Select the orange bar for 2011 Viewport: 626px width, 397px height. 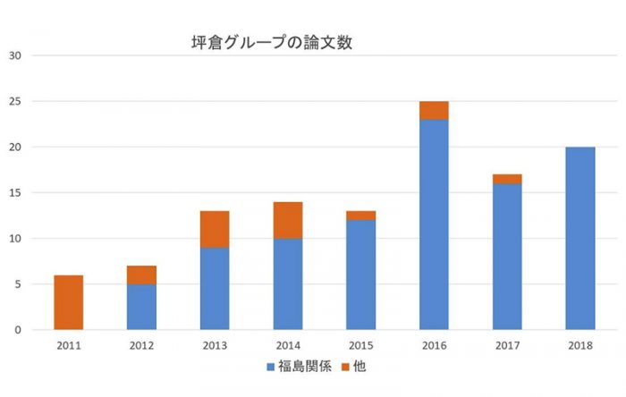(x=69, y=302)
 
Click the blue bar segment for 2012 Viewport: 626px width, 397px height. (x=141, y=307)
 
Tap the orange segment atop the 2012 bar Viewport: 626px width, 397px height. (x=141, y=275)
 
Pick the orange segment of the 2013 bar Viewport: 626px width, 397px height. (x=215, y=229)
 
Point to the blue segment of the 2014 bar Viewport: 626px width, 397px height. (x=288, y=283)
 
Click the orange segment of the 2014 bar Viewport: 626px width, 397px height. (x=288, y=220)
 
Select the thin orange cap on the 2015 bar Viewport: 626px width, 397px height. (x=361, y=215)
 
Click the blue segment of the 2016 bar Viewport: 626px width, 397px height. (x=434, y=224)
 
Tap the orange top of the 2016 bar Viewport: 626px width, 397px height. (x=434, y=110)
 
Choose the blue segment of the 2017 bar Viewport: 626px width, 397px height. (x=507, y=257)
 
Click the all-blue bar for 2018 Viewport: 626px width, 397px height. (x=580, y=238)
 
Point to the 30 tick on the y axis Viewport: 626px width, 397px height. (x=16, y=55)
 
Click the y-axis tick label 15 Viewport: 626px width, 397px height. (x=16, y=192)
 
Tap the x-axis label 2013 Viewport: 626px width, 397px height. (x=215, y=344)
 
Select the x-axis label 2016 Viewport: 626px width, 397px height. (x=434, y=344)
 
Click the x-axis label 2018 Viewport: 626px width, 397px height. (x=580, y=344)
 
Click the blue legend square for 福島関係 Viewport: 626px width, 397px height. (x=271, y=367)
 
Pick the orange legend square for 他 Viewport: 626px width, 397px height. (x=346, y=367)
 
